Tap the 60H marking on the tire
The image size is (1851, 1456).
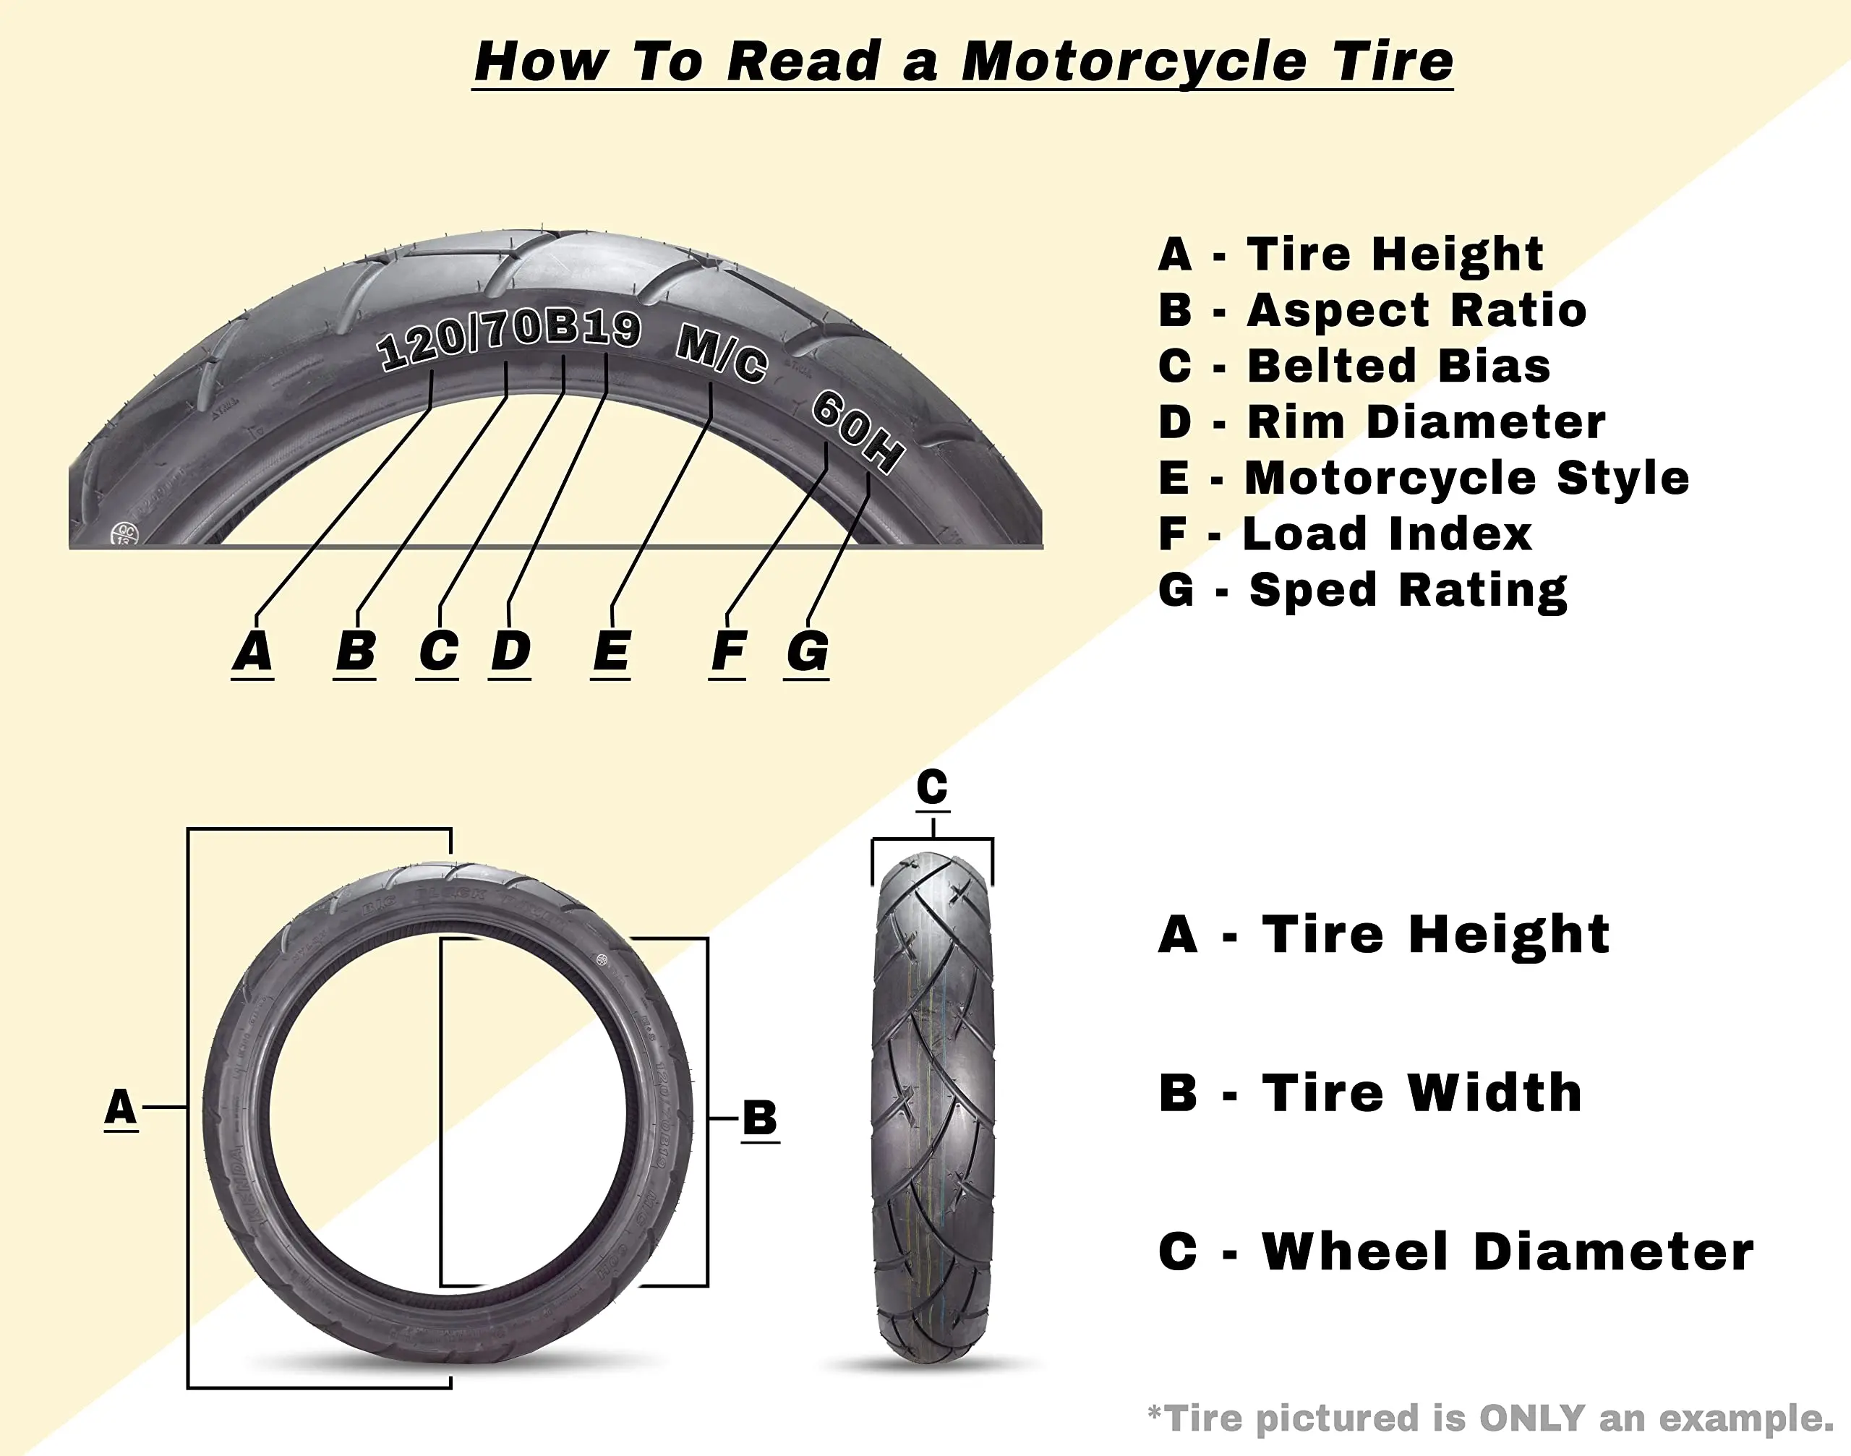tap(857, 429)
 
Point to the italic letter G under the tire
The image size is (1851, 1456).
tap(807, 651)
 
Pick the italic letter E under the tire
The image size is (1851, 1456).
tap(610, 651)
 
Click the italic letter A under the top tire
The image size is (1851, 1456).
tap(252, 651)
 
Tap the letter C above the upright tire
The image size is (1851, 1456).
tap(932, 786)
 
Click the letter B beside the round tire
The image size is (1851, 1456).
tap(760, 1118)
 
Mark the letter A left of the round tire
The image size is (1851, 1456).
tap(120, 1107)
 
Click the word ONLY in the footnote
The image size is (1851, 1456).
tap(1531, 1418)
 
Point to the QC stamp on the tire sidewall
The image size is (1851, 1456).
tap(124, 534)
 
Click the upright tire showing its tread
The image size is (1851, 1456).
tap(933, 1108)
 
